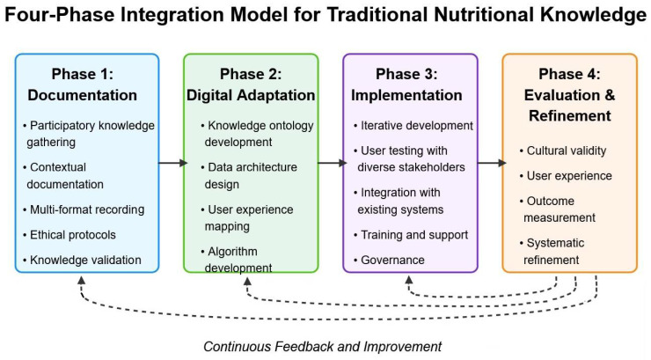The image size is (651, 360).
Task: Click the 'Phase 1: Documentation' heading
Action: click(82, 84)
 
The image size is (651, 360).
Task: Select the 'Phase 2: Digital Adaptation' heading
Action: click(251, 84)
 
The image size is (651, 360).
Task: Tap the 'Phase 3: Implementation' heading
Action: click(406, 84)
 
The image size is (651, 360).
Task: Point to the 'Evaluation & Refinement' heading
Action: click(570, 105)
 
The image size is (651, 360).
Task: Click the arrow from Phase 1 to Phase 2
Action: click(172, 163)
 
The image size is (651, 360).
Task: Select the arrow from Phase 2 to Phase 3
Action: click(333, 163)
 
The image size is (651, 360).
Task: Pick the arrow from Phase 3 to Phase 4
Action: click(492, 163)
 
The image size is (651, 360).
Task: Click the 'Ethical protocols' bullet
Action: click(69, 235)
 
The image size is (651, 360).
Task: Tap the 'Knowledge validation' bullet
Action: click(82, 260)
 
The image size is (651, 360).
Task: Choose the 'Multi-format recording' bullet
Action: click(84, 209)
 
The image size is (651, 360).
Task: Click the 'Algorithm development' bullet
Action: click(237, 260)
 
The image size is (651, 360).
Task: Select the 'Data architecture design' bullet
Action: click(249, 175)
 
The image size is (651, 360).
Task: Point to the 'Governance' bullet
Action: click(389, 260)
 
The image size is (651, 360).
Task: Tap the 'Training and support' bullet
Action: click(411, 235)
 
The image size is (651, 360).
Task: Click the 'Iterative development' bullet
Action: click(413, 125)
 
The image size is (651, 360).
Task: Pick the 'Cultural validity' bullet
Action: click(562, 151)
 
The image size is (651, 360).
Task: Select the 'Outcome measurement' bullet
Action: click(557, 209)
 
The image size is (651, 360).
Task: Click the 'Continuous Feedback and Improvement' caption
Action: click(322, 346)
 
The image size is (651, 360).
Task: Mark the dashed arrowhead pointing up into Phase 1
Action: click(81, 281)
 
